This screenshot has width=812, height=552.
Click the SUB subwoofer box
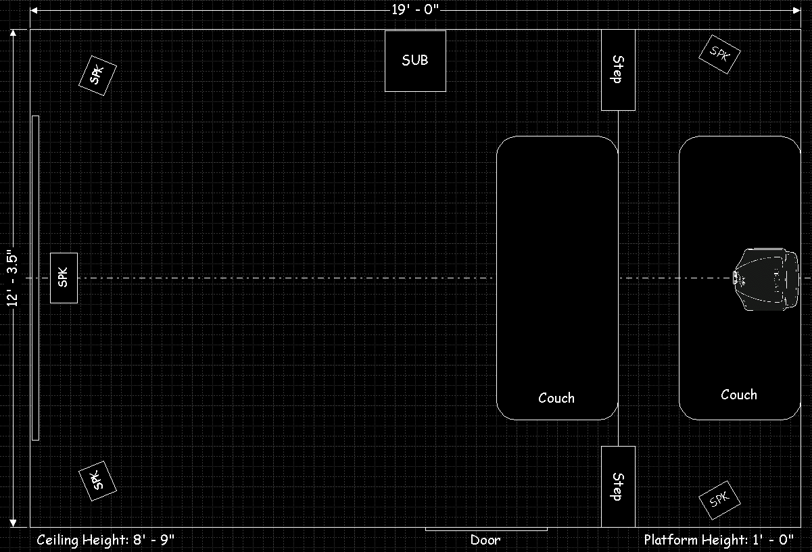click(415, 61)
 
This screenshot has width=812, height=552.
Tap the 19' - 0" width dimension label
click(415, 9)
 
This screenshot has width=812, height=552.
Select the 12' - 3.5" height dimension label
click(12, 278)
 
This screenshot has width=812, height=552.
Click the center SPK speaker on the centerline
click(64, 278)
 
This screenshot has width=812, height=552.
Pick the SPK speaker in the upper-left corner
click(97, 76)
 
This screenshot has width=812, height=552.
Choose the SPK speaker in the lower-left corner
click(97, 481)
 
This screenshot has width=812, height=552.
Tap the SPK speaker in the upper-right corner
click(719, 54)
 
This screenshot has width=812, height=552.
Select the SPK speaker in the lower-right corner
click(719, 500)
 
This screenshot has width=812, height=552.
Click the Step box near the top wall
click(618, 70)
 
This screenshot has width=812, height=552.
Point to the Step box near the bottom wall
click(618, 486)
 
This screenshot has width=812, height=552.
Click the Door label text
click(485, 540)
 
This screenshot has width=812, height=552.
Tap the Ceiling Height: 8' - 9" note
click(105, 540)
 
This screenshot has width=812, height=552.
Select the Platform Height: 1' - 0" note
click(719, 540)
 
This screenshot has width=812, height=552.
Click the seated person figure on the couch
click(765, 279)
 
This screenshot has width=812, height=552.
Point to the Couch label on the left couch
click(556, 398)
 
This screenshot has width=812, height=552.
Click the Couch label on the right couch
click(739, 395)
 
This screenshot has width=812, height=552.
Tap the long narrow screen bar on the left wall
click(36, 278)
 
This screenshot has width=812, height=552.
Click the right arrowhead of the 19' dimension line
click(796, 11)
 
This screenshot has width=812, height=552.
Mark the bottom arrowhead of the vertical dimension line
click(13, 523)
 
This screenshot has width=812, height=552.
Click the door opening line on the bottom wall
click(486, 530)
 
